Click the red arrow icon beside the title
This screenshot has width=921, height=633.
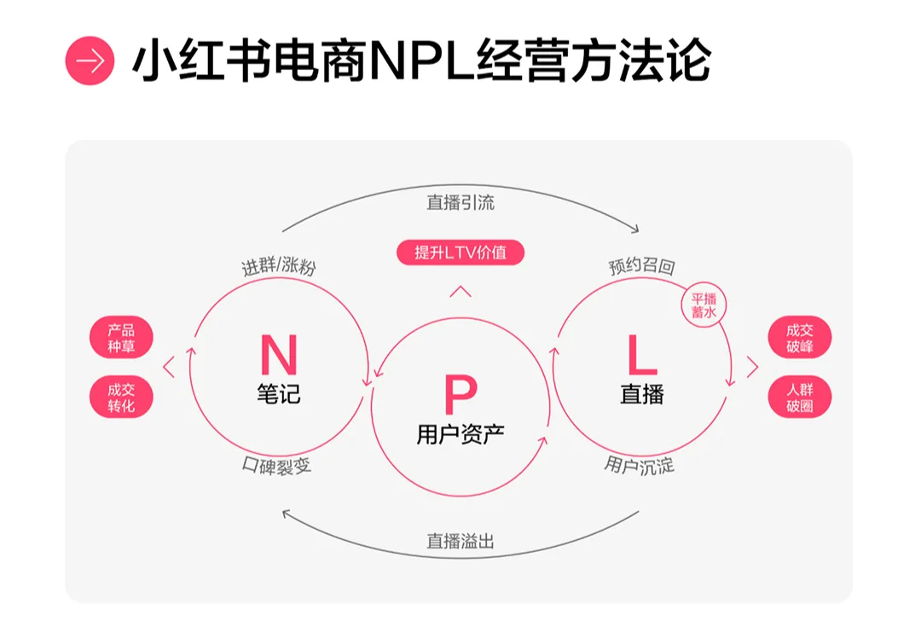coord(90,61)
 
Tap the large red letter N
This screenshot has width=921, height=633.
coord(278,356)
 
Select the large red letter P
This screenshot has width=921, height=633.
coord(460,395)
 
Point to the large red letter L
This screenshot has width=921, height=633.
coord(641,356)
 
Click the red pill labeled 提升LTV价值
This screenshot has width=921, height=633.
coord(460,253)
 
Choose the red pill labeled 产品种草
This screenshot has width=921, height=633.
coord(121,338)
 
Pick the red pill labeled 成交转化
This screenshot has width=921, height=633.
coord(121,397)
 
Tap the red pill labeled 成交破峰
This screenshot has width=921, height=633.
coord(799,338)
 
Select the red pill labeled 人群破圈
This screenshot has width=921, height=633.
coord(799,397)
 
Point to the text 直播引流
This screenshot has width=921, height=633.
coord(460,203)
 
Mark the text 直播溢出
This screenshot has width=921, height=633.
coord(460,541)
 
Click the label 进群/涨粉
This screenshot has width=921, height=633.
coord(279,267)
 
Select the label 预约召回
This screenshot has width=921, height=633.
coord(641,267)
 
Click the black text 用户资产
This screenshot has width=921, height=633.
coord(460,434)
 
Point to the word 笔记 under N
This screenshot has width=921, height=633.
coord(278,395)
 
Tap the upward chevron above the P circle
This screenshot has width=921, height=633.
coord(460,292)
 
